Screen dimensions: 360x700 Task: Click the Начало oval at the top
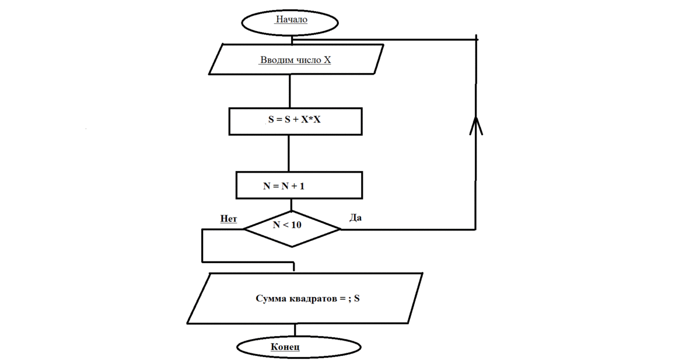(290, 20)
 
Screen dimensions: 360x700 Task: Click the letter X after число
(328, 60)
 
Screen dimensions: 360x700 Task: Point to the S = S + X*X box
(296, 121)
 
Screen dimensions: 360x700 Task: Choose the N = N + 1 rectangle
(299, 186)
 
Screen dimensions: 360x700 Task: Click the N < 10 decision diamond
(291, 228)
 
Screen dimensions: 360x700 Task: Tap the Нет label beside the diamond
(229, 219)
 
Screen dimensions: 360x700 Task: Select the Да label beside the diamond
(355, 218)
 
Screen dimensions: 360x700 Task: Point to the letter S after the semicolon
(357, 299)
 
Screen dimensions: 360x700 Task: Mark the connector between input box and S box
(289, 91)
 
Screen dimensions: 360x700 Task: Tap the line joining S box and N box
(289, 153)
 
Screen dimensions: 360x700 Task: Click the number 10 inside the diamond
(296, 225)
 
